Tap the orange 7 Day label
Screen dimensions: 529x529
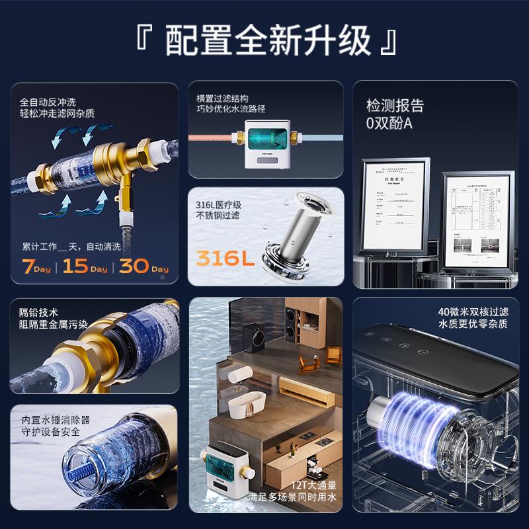(x=37, y=268)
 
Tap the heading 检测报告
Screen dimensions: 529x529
(x=395, y=106)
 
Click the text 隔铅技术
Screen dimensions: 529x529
(x=39, y=312)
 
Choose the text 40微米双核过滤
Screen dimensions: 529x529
(x=473, y=311)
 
